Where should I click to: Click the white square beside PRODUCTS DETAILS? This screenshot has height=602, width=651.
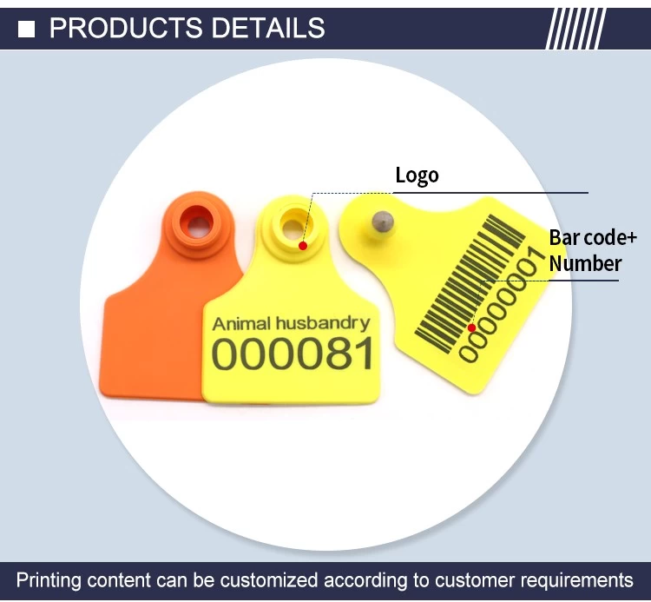click(x=26, y=29)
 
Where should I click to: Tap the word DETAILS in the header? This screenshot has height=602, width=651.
click(x=268, y=28)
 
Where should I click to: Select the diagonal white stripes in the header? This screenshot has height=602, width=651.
click(x=575, y=29)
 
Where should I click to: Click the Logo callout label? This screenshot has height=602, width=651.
click(x=417, y=175)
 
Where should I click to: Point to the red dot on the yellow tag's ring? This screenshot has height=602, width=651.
click(x=303, y=246)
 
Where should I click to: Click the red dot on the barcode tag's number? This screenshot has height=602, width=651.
click(x=471, y=327)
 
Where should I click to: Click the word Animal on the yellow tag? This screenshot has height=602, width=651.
click(x=241, y=324)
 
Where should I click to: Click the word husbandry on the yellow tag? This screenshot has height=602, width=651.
click(x=323, y=324)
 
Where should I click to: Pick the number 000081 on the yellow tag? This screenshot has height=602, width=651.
click(x=293, y=354)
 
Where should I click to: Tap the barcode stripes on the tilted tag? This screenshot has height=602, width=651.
click(x=470, y=283)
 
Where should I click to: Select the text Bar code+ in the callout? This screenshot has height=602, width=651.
click(x=593, y=238)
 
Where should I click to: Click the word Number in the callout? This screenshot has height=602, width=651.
click(x=585, y=263)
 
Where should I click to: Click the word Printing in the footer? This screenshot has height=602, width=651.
click(x=48, y=580)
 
